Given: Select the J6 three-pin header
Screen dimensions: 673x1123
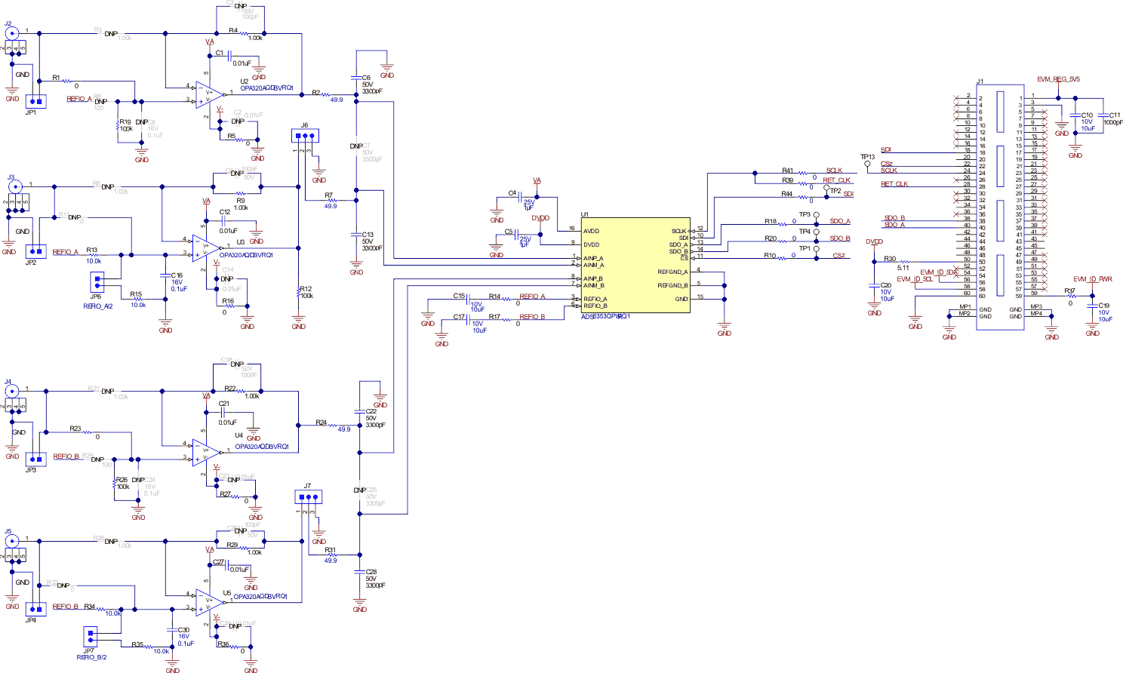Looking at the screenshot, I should (305, 137).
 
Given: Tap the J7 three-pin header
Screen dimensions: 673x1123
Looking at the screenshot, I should (308, 497).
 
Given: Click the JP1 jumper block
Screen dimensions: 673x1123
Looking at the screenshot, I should (35, 101).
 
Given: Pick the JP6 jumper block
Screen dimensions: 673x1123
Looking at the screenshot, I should (97, 281).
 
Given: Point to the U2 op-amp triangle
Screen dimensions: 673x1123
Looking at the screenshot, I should (210, 94).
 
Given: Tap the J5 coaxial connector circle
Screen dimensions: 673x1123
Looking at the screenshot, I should (11, 541).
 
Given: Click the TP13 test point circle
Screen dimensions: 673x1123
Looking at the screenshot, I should (867, 164).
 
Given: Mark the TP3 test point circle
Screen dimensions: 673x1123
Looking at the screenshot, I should (816, 215).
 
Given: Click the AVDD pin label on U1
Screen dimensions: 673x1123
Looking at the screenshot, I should (591, 232).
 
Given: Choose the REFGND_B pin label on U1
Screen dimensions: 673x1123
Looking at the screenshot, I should (672, 286).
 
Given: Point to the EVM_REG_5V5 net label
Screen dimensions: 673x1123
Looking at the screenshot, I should (1058, 79).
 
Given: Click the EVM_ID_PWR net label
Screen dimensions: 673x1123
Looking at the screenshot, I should (1093, 279).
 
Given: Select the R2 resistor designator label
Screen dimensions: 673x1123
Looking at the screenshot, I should (316, 93).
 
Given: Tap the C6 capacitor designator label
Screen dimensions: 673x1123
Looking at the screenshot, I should (366, 78).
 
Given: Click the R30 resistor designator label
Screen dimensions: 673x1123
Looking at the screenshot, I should (890, 259).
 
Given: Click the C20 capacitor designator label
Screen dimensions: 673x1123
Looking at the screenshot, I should (886, 286).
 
